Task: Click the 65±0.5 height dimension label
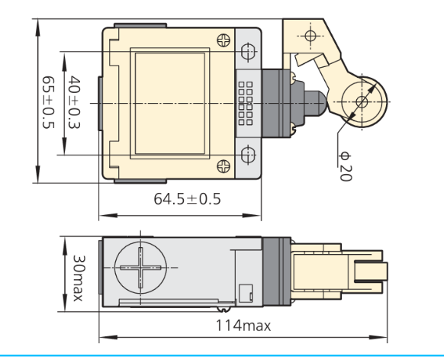pyautogui.click(x=48, y=102)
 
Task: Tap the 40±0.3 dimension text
pyautogui.click(x=74, y=102)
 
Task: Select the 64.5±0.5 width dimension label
pyautogui.click(x=187, y=198)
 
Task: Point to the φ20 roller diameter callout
pyautogui.click(x=346, y=166)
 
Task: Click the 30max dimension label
pyautogui.click(x=79, y=278)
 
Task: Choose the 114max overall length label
pyautogui.click(x=243, y=326)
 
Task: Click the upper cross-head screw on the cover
pyautogui.click(x=224, y=40)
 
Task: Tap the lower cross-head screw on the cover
pyautogui.click(x=224, y=166)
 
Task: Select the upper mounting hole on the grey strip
pyautogui.click(x=248, y=52)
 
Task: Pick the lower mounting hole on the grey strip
pyautogui.click(x=248, y=155)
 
